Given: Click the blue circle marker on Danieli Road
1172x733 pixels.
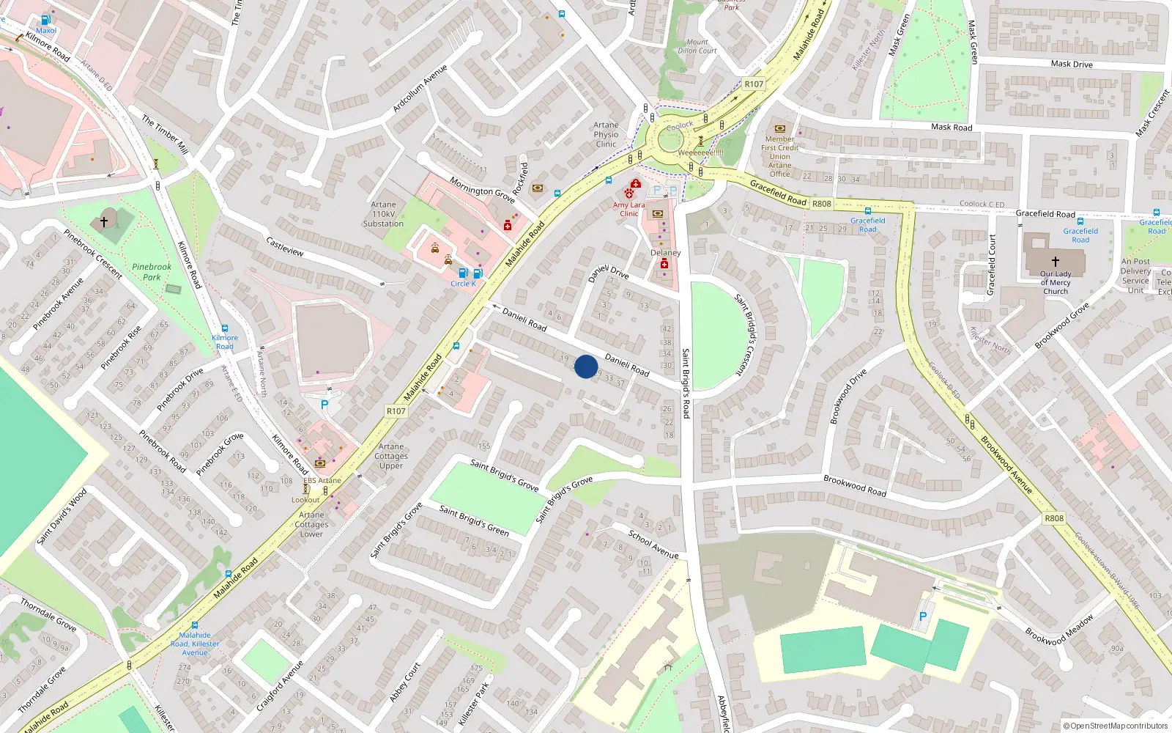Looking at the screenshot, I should coord(586,366).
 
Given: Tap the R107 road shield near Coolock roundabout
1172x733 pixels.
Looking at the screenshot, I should coord(754,84).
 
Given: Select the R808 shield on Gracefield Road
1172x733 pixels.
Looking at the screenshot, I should coord(822,204).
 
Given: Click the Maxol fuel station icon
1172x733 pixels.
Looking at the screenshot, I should coord(46,21).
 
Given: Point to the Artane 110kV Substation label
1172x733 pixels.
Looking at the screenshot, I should coord(383,214).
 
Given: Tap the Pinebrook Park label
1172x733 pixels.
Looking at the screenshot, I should coord(152,272).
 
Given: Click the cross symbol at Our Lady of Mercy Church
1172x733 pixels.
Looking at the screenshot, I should coord(1056,261).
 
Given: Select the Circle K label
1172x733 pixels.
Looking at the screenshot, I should coord(463,284).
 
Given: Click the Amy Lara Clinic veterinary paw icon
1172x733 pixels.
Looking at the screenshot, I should coord(628,194).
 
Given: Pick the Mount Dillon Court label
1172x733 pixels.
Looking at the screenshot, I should coord(697,46).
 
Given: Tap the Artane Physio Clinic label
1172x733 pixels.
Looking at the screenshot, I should coord(606,135).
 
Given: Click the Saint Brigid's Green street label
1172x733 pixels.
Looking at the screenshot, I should coord(474,520).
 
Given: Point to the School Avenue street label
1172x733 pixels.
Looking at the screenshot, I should coord(653,545).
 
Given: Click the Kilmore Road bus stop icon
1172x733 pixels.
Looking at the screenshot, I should coord(225,328).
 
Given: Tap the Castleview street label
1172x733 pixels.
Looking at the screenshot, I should coord(284,246).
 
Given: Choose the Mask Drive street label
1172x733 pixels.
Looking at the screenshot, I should coord(1072,64).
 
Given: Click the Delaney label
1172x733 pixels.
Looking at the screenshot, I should coord(665,253).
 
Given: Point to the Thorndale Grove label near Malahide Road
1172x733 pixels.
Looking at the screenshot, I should coord(48,614).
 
